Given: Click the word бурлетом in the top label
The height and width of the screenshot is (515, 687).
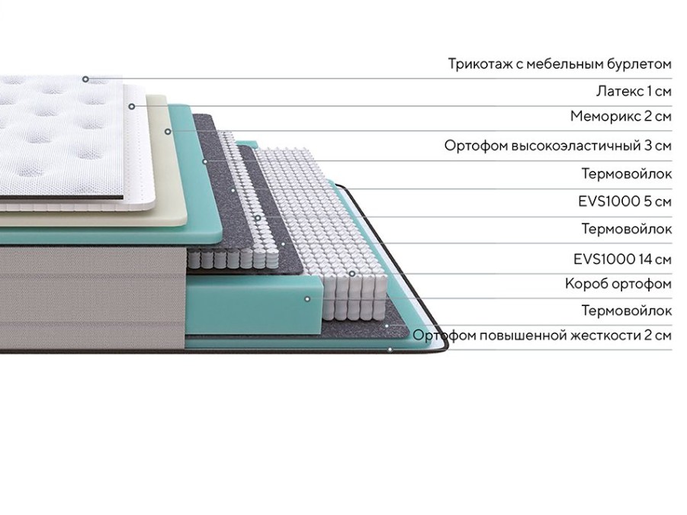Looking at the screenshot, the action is tap(639, 64).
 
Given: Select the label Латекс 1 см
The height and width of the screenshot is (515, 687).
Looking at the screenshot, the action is tap(634, 91).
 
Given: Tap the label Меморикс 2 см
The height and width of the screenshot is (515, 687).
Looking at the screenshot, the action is tap(621, 116).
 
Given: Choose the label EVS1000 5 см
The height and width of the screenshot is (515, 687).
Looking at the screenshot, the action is tap(624, 201).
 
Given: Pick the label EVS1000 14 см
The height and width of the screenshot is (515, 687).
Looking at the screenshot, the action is tap(623, 259).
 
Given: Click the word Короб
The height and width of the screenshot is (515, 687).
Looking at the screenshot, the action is tap(586, 284).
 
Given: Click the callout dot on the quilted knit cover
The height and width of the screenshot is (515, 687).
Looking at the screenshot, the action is tap(85, 79).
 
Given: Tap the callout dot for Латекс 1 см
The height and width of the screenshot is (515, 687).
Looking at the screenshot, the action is tap(131, 106).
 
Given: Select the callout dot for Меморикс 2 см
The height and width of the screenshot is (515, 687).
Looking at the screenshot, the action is tap(168, 131).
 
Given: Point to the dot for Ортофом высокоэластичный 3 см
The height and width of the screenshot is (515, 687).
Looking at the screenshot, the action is tap(204, 161).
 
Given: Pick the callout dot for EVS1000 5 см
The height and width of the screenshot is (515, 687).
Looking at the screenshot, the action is tap(258, 218).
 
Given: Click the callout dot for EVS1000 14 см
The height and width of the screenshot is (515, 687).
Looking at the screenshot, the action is tap(352, 273).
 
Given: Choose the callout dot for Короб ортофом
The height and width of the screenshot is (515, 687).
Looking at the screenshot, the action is tap(307, 299).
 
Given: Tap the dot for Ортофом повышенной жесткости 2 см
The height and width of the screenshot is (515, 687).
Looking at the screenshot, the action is tap(390, 349).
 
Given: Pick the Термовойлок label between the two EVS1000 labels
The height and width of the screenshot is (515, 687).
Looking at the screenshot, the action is tap(627, 229).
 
